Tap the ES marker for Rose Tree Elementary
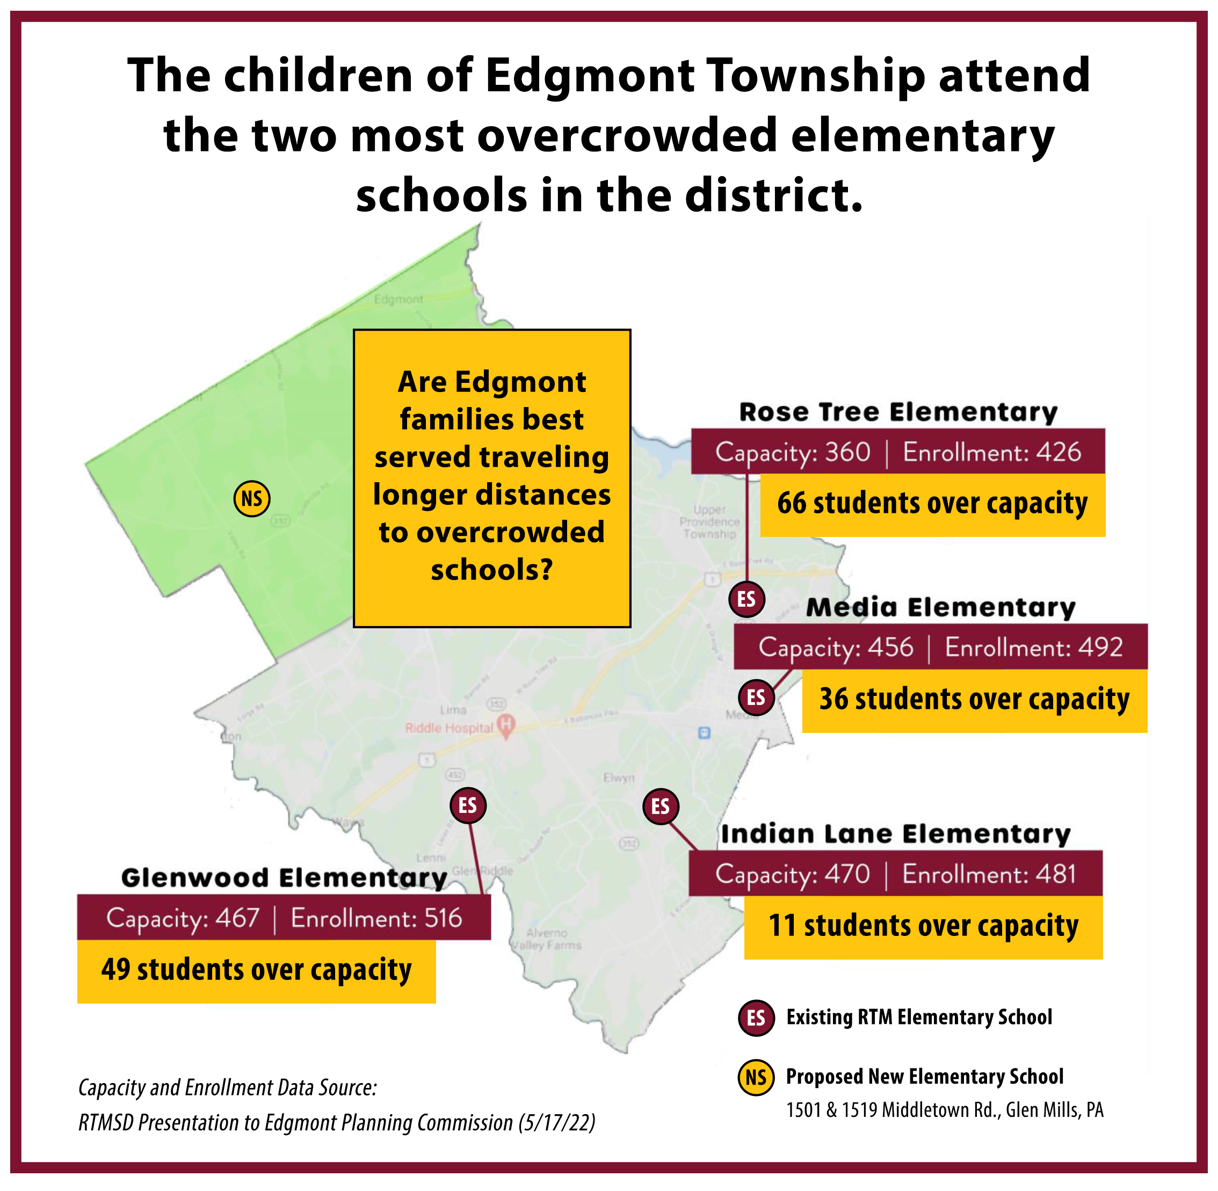[x=746, y=599]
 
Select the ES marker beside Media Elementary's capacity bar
[x=756, y=697]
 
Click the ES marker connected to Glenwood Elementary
[x=467, y=805]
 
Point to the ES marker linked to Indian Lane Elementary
[x=660, y=807]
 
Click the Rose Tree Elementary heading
[x=898, y=412]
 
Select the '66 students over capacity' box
[x=932, y=504]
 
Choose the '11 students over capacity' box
[x=923, y=926]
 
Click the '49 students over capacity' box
[x=257, y=970]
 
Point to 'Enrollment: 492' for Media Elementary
[x=1033, y=648]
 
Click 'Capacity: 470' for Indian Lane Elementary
[x=793, y=874]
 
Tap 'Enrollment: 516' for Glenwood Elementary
[x=376, y=918]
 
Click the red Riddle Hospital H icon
[x=505, y=725]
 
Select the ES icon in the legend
[x=756, y=1018]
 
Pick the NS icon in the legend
[x=756, y=1077]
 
